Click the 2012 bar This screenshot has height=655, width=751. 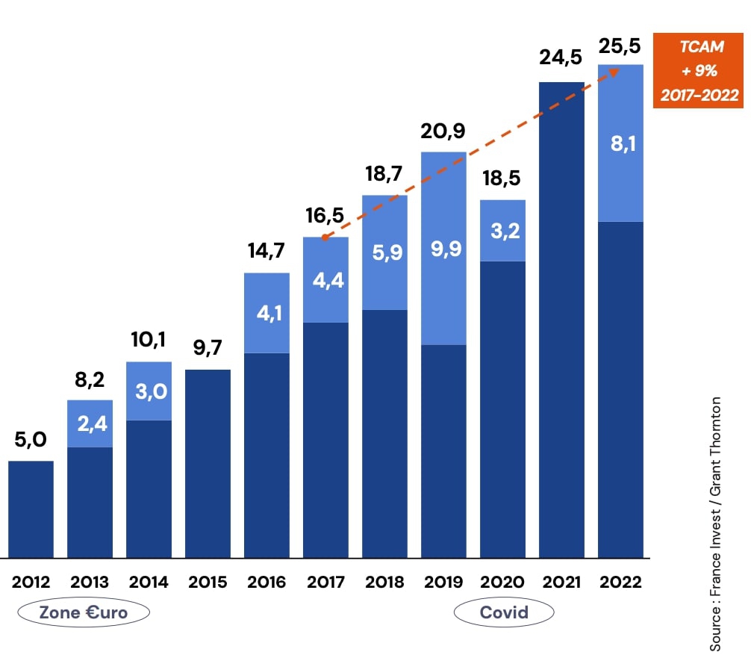[x=31, y=509]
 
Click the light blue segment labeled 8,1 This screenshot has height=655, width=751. [x=620, y=143]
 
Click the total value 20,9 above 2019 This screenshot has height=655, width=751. [x=443, y=131]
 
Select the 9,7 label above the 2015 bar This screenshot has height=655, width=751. [x=208, y=348]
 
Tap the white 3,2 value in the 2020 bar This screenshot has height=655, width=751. [x=502, y=230]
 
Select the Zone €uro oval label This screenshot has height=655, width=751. [x=84, y=613]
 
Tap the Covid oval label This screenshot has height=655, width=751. [x=504, y=613]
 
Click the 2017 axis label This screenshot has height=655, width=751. [x=325, y=583]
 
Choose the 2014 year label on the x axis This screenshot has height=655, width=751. [x=149, y=583]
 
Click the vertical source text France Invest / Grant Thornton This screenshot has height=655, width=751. [x=715, y=523]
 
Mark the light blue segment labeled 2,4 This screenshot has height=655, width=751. [x=90, y=423]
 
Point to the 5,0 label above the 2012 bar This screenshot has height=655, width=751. [x=31, y=440]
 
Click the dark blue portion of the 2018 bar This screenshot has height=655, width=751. [x=384, y=433]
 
